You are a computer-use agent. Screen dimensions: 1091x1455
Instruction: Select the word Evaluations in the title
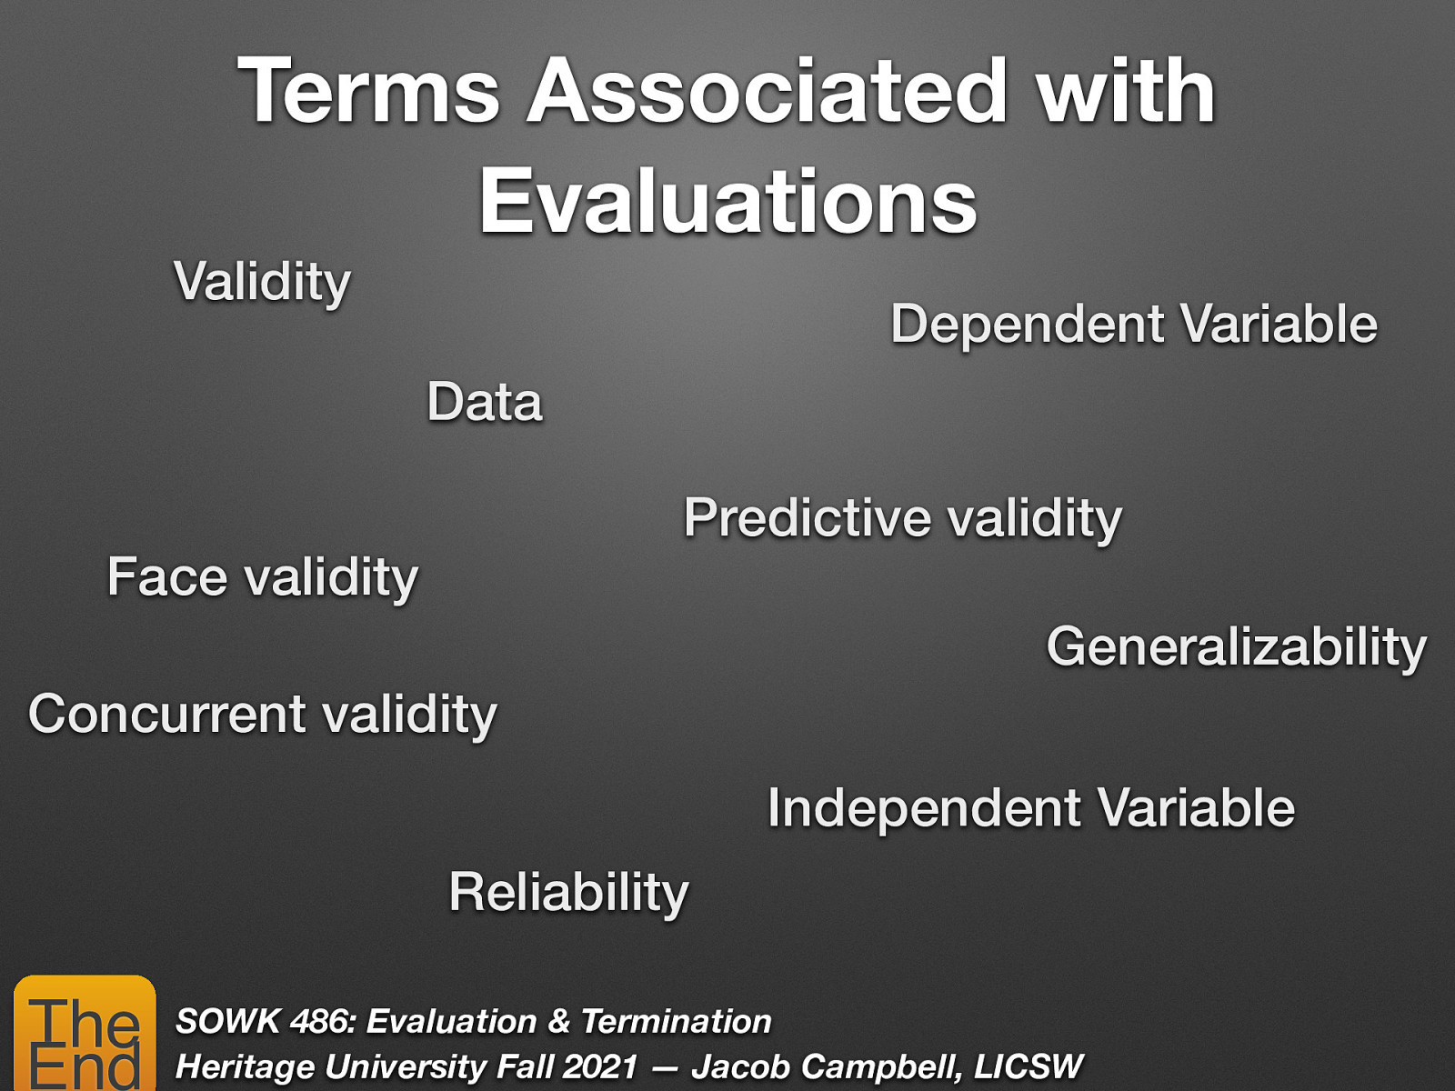[x=727, y=202]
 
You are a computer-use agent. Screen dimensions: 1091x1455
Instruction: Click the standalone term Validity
[x=262, y=282]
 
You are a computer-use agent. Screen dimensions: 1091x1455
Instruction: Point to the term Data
[x=485, y=402]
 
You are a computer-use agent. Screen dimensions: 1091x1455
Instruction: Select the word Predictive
[x=807, y=518]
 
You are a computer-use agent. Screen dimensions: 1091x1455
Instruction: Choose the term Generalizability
[x=1236, y=647]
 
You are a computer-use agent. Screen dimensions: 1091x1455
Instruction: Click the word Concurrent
[x=166, y=714]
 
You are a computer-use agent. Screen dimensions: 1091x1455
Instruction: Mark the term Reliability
[x=568, y=892]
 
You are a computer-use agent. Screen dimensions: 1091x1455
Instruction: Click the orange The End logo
[x=85, y=1035]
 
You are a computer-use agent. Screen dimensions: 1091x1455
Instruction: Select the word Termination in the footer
[x=676, y=1021]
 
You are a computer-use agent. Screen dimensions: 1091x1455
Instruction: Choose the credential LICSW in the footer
[x=1029, y=1066]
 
